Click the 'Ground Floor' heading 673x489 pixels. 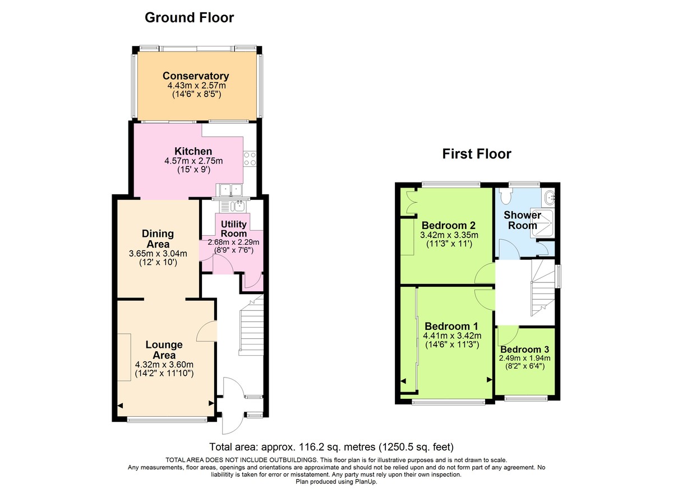point(189,17)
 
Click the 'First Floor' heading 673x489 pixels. point(477,153)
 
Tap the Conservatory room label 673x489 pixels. point(196,76)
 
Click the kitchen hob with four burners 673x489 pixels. point(250,159)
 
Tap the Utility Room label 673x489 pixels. point(234,229)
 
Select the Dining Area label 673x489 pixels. point(158,239)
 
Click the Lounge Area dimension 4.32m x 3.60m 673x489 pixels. point(164,364)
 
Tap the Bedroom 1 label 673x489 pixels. point(451,326)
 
